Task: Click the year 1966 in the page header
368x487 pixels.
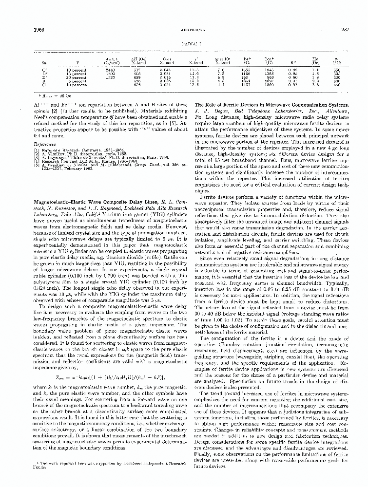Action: [x=38, y=29]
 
